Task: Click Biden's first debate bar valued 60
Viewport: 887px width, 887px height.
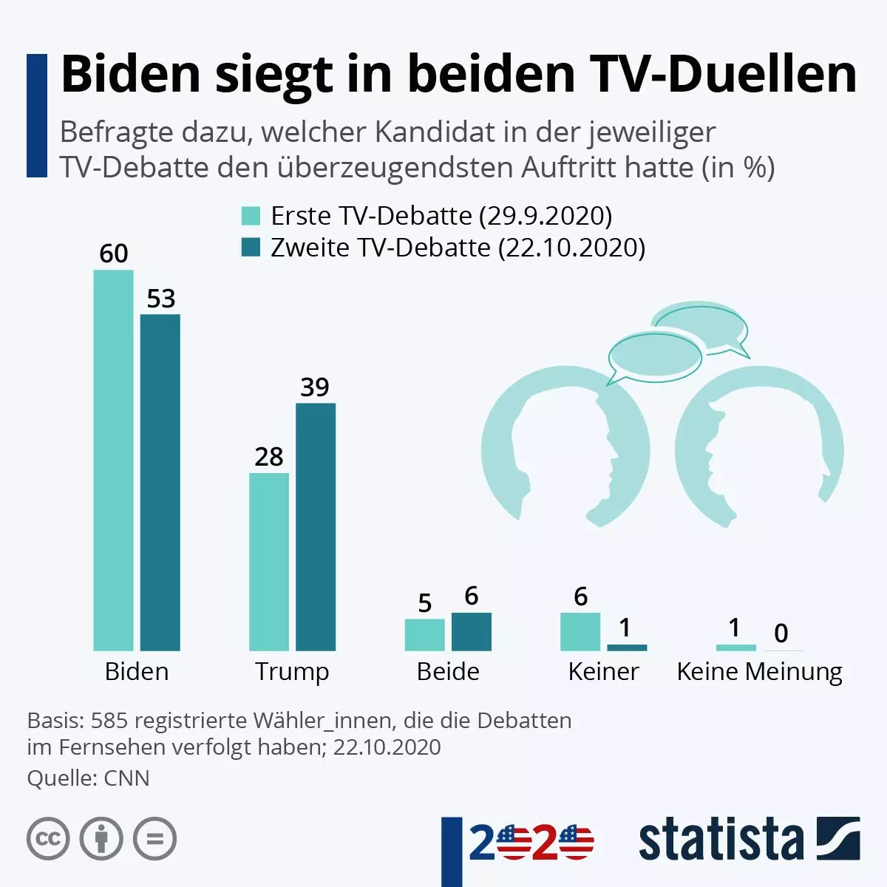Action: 113,460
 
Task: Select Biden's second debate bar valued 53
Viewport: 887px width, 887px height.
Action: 160,482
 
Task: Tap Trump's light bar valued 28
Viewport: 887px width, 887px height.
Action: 269,562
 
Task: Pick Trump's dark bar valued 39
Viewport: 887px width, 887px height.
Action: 316,526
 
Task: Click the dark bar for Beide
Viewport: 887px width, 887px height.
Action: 472,632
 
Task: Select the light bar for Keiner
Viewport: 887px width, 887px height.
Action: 580,632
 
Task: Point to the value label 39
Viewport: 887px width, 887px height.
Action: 315,387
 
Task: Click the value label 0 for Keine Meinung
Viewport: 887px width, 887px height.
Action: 781,633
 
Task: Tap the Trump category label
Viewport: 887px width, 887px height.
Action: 292,671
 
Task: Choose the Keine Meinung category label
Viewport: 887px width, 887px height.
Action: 759,671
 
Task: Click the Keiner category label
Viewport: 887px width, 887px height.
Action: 603,671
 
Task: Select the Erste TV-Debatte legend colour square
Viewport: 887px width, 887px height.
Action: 251,216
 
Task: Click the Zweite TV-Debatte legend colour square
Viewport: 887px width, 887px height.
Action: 251,248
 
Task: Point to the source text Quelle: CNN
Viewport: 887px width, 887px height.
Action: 88,778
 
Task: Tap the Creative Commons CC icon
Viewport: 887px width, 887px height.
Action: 48,839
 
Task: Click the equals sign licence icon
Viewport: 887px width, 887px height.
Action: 155,839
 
